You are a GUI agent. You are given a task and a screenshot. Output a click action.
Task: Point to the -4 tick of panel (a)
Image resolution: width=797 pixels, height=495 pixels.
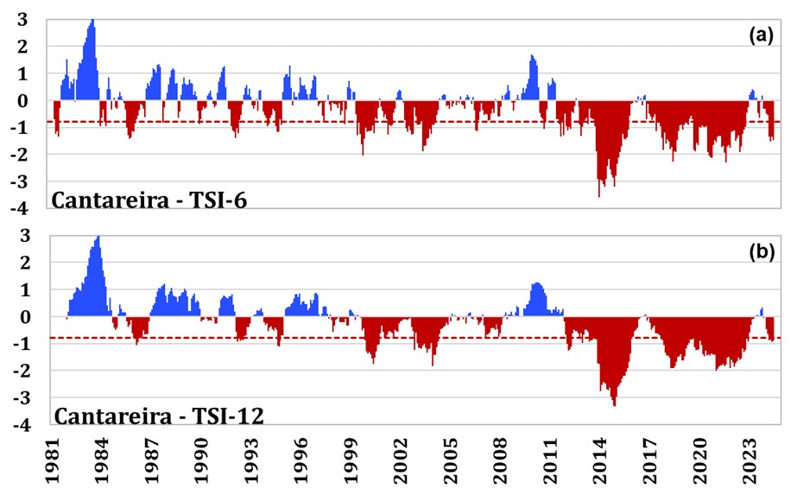[18, 208]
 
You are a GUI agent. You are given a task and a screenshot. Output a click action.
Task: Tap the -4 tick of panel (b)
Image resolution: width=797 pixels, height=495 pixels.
[18, 425]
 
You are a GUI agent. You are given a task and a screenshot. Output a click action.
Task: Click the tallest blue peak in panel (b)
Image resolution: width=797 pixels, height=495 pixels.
[98, 237]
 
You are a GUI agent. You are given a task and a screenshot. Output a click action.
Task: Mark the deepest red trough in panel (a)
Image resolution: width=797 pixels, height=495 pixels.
[599, 195]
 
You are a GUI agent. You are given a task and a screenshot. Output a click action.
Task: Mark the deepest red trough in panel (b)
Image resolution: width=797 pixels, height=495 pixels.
[614, 404]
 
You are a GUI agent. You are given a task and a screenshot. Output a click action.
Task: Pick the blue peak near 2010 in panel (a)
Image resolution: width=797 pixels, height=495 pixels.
[532, 56]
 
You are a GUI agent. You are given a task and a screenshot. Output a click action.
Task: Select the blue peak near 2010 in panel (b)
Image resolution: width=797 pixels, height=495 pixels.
[537, 283]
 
